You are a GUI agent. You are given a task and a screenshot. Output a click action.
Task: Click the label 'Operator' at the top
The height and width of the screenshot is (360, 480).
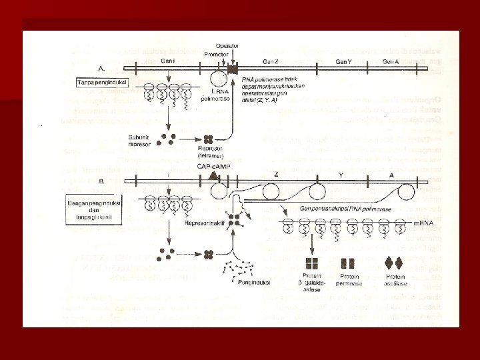[228, 45]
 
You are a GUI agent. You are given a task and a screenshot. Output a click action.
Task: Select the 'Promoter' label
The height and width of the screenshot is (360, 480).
[217, 53]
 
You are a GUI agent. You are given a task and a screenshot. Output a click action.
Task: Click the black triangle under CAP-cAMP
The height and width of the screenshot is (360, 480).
[213, 175]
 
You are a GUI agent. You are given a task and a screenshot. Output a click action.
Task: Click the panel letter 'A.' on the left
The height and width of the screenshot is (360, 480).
[101, 67]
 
